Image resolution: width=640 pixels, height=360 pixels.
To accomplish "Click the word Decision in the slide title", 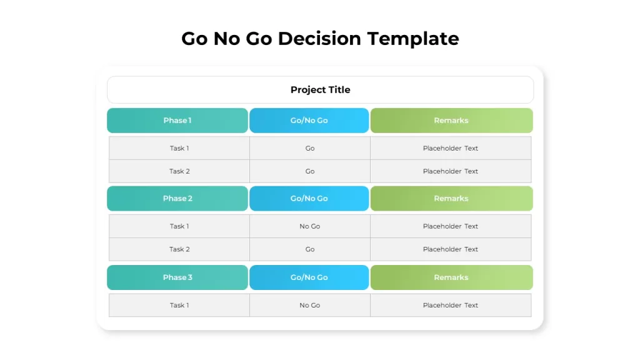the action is (319, 39).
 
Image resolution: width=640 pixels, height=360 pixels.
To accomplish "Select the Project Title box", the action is (321, 90).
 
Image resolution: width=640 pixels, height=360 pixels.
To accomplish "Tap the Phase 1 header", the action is (177, 121).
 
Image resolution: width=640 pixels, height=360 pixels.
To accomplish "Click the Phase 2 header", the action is (177, 198).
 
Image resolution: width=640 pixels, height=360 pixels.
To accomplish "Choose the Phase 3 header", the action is (177, 277).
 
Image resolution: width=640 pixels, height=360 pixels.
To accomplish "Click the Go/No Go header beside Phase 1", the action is (309, 121).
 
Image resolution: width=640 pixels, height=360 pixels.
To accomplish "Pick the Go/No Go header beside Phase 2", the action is (309, 198).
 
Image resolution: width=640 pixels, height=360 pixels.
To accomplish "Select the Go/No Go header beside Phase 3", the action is (309, 277).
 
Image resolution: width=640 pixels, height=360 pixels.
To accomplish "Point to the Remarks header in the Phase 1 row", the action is (451, 121).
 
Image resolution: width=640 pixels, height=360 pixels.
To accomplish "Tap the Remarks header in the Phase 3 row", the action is (451, 277).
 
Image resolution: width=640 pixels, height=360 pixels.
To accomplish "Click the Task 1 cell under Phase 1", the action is (179, 148).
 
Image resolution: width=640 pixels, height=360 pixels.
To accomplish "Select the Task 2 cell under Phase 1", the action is (179, 171).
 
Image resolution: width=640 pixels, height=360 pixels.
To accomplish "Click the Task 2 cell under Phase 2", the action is (179, 249).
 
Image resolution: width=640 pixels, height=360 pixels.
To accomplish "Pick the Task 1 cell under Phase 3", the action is (179, 305).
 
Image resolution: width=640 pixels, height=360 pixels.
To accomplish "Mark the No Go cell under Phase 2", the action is (310, 226).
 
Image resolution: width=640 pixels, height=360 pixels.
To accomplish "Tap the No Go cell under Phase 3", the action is (310, 305).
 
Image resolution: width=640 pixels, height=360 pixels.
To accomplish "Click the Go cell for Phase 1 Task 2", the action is (310, 171).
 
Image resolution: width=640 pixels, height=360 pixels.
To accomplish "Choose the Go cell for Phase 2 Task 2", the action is (310, 249).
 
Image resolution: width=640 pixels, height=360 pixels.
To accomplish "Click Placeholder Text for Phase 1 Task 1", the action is (451, 148).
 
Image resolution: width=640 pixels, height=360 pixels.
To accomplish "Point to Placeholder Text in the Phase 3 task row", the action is (451, 305).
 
